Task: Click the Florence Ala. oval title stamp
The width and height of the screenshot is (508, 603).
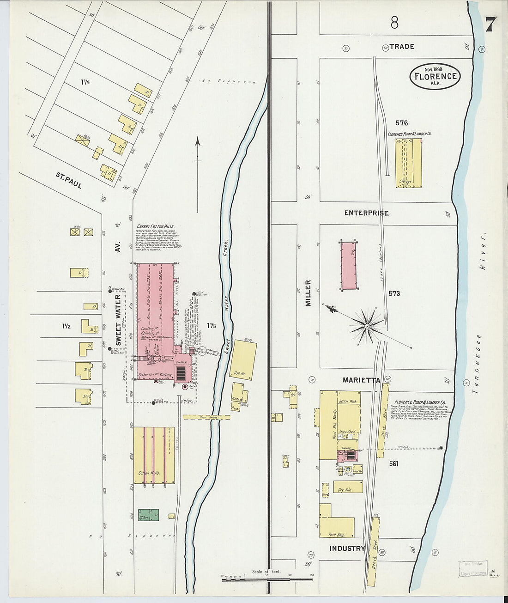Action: [435, 76]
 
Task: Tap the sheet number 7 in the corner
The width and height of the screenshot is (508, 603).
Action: [490, 24]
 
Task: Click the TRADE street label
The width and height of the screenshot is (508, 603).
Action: [401, 47]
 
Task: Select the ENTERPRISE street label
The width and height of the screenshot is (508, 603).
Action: [366, 213]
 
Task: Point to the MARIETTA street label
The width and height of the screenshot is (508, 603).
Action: [361, 380]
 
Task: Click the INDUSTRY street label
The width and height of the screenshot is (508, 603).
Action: [347, 548]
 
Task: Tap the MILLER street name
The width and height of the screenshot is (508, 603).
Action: [308, 293]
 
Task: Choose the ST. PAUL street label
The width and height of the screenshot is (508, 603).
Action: [69, 181]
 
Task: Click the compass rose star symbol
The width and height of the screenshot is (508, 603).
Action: [367, 326]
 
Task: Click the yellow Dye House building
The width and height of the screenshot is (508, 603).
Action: [242, 359]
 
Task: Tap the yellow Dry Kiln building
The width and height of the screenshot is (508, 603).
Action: [348, 487]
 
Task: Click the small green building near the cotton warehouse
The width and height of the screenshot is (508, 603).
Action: [149, 515]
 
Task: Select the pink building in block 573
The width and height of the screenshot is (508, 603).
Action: [348, 265]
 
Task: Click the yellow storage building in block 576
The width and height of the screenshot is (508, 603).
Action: [408, 163]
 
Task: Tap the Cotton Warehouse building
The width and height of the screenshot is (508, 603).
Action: [154, 455]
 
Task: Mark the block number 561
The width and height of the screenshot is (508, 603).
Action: [393, 464]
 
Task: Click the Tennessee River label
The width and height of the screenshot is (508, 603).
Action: [481, 314]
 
